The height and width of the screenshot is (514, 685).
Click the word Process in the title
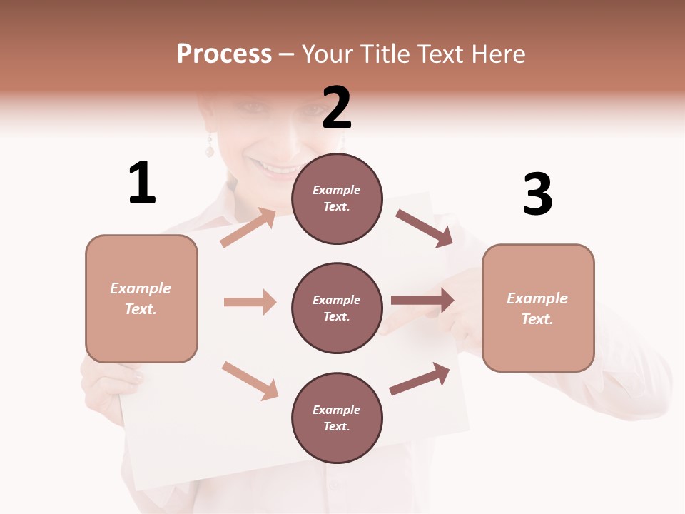(x=224, y=54)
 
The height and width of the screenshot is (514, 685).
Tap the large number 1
(x=142, y=183)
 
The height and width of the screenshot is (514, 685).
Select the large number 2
(x=337, y=108)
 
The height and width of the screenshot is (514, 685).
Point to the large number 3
(x=537, y=194)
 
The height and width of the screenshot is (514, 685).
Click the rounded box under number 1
(x=141, y=298)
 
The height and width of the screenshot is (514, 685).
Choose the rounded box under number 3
(x=538, y=308)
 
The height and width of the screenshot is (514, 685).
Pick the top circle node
(x=337, y=198)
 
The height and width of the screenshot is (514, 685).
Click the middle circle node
(x=337, y=308)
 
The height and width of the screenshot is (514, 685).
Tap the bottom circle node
(x=337, y=418)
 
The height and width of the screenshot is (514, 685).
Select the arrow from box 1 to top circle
(x=248, y=228)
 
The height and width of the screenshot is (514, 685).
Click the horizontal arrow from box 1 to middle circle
(x=250, y=302)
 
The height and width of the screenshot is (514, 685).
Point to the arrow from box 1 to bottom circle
(x=250, y=380)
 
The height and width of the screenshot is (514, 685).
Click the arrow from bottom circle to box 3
(x=420, y=379)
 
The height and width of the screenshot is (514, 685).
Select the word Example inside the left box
(x=141, y=288)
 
